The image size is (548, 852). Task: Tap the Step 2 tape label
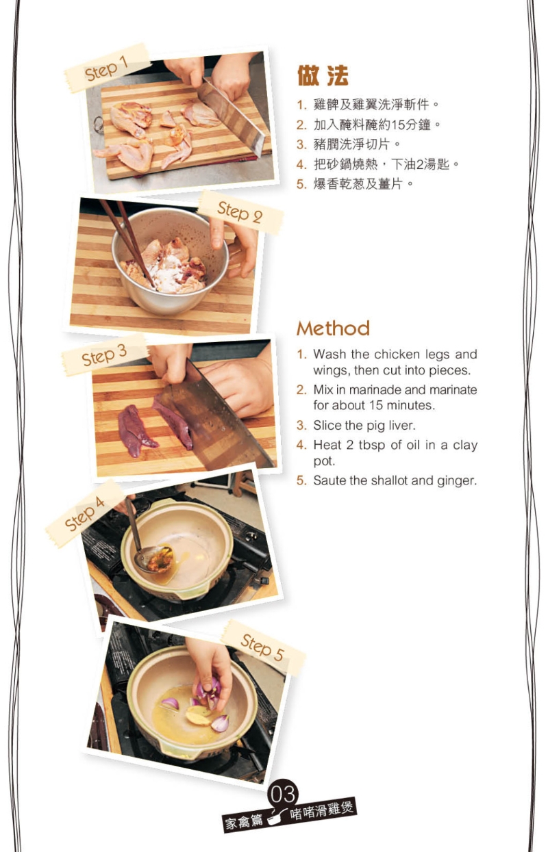coord(240,213)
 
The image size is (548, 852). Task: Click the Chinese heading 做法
coord(323,75)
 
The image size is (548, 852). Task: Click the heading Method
coord(333,328)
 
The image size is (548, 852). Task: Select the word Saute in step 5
coord(329,480)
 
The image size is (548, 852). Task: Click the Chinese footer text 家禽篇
coord(245,821)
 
